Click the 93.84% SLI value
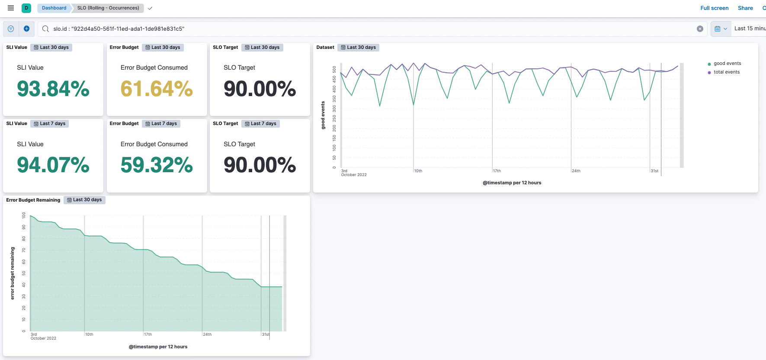click(x=53, y=89)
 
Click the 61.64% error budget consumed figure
click(x=157, y=89)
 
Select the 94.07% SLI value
click(x=53, y=165)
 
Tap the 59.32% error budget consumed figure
click(x=157, y=165)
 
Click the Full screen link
click(x=714, y=8)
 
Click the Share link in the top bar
click(x=745, y=8)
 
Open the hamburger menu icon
click(x=11, y=8)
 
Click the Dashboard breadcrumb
click(x=54, y=8)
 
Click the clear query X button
click(x=699, y=29)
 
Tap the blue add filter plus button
click(x=26, y=29)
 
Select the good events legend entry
click(x=727, y=64)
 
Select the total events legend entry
click(x=726, y=72)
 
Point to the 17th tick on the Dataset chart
click(x=497, y=171)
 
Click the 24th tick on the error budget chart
click(x=208, y=334)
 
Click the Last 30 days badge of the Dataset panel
click(x=358, y=48)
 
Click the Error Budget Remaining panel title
click(x=33, y=200)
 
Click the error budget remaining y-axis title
click(x=12, y=273)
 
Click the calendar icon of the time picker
click(x=717, y=29)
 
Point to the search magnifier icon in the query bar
click(x=45, y=29)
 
